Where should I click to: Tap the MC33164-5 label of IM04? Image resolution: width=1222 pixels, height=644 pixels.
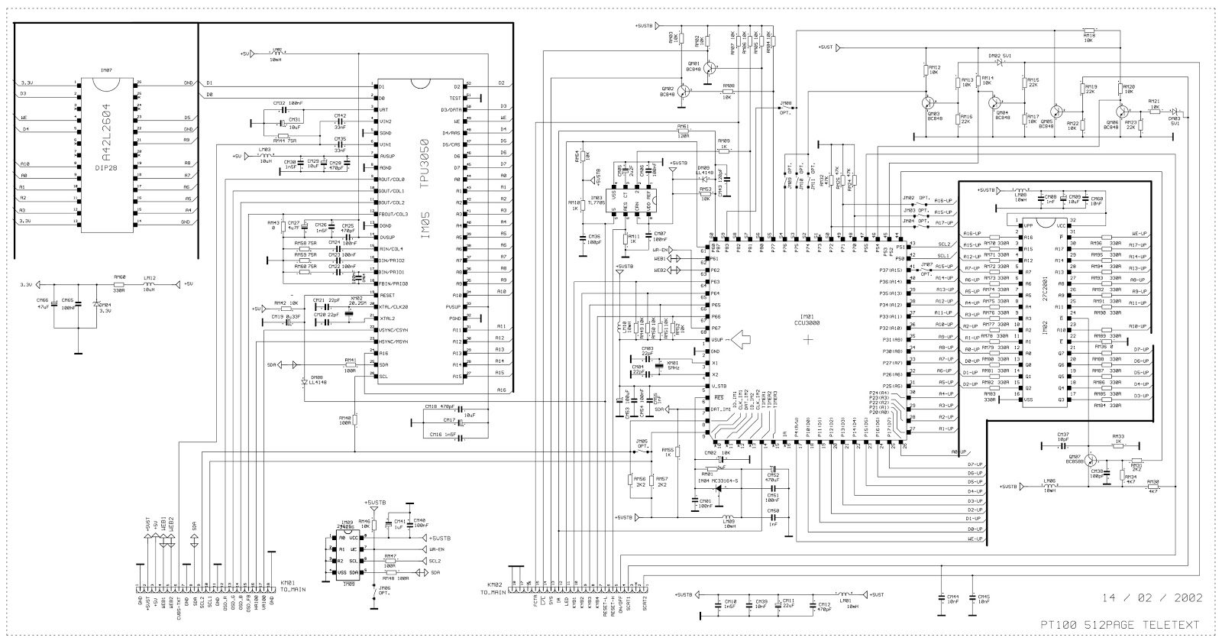(725, 481)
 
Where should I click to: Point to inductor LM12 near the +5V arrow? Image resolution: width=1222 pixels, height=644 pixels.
(150, 283)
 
